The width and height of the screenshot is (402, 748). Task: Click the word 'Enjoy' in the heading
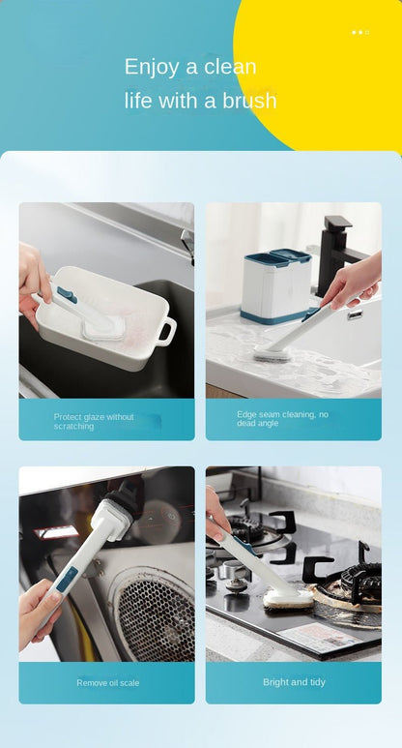tap(152, 68)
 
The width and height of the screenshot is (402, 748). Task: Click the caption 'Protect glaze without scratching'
tap(94, 422)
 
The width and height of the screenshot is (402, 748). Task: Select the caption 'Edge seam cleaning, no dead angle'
tap(282, 419)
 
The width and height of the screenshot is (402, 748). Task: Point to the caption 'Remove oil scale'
tap(108, 682)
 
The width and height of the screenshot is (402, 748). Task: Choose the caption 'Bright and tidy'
tap(294, 682)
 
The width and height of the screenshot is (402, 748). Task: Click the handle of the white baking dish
tap(165, 331)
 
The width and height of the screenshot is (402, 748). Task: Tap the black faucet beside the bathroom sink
tap(335, 255)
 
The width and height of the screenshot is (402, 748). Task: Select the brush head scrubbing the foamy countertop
tap(273, 353)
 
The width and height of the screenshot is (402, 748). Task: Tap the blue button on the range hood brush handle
tap(67, 579)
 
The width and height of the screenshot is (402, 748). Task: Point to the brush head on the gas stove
tap(288, 598)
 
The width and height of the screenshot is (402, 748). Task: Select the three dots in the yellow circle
tap(360, 33)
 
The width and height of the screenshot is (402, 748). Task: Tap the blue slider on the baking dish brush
tap(68, 295)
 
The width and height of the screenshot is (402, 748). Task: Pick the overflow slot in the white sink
tap(355, 315)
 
